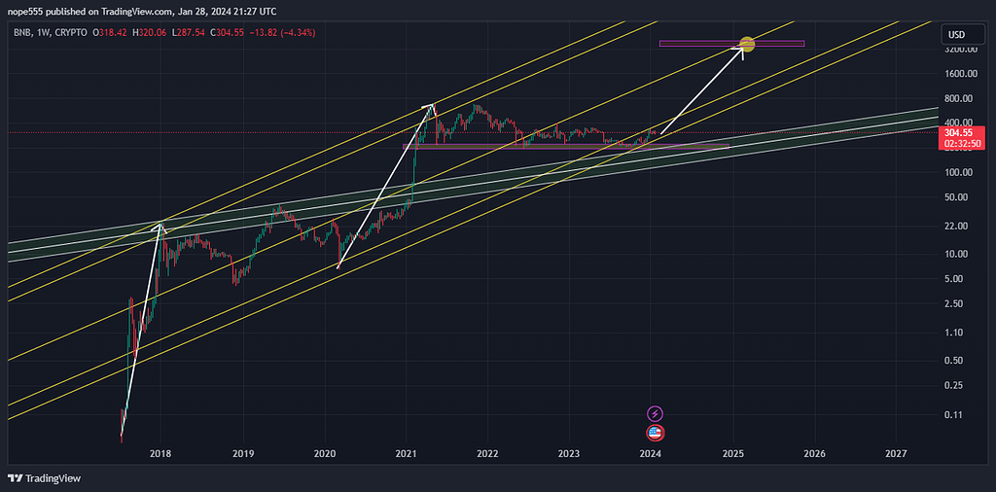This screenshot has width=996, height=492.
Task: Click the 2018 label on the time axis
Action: click(x=160, y=453)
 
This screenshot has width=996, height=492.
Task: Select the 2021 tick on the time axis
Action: click(x=407, y=453)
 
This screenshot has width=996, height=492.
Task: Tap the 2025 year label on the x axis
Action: click(x=733, y=453)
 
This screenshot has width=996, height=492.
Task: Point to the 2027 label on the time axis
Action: click(x=897, y=453)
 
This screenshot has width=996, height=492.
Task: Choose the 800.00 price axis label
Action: click(x=960, y=98)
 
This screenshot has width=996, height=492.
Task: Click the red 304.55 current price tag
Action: click(x=959, y=131)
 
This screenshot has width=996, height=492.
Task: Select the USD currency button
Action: click(x=957, y=36)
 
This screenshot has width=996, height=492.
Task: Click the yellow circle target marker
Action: click(x=747, y=44)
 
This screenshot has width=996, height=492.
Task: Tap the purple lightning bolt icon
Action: click(x=655, y=414)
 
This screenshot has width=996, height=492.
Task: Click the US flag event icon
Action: click(x=655, y=433)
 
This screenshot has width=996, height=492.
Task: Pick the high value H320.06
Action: click(x=156, y=32)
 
